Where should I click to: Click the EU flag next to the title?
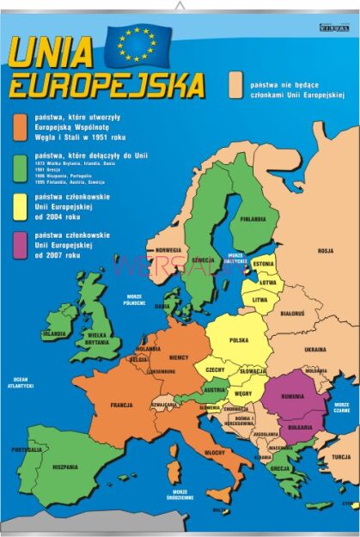click(x=137, y=46)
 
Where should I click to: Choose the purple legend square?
click(x=20, y=243)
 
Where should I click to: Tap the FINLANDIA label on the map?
click(x=253, y=218)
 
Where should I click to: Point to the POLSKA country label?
click(x=238, y=339)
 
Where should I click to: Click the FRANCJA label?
click(x=120, y=404)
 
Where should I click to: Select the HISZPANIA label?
click(x=64, y=467)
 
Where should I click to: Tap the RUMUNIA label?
click(x=293, y=396)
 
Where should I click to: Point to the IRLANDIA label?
click(x=54, y=333)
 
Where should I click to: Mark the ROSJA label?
click(x=325, y=251)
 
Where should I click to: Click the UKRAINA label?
click(x=314, y=350)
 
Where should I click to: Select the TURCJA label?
click(x=341, y=456)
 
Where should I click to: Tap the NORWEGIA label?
click(x=168, y=251)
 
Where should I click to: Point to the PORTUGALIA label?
click(x=27, y=449)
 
